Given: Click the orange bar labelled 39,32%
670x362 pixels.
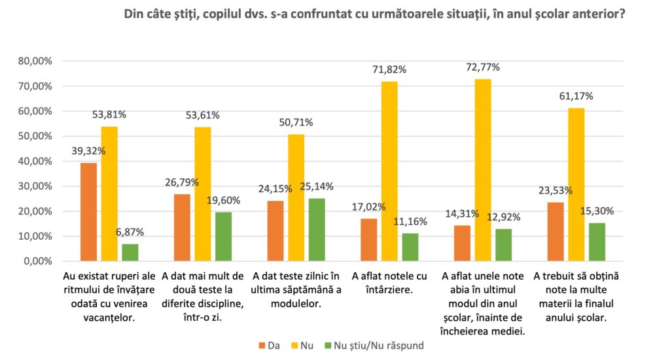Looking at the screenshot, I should click(x=88, y=212).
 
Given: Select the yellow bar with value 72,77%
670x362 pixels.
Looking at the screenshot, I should click(x=483, y=170).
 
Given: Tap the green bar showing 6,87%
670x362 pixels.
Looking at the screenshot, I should click(x=130, y=252).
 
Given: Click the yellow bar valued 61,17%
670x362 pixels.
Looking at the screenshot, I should click(x=576, y=184).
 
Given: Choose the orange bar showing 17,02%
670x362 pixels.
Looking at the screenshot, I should click(x=369, y=240).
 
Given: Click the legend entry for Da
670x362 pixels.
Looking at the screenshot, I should click(x=269, y=345).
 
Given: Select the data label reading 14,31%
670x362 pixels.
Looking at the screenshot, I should click(x=463, y=214).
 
